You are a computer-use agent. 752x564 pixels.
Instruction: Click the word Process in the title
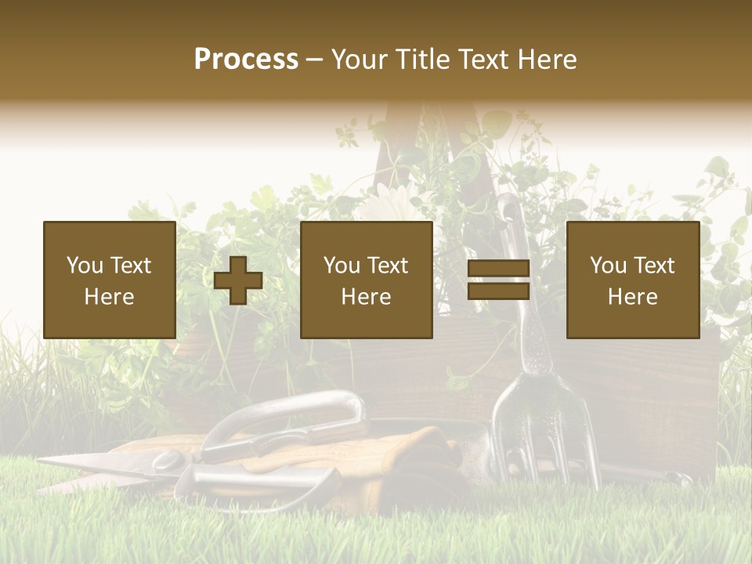(246, 60)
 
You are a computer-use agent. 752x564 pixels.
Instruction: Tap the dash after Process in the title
(314, 60)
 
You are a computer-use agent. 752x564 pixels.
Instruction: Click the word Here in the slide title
(546, 60)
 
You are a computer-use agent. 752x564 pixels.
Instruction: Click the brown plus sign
(238, 280)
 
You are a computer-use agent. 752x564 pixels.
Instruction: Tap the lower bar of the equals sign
(498, 291)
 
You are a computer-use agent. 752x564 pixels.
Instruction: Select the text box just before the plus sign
(109, 280)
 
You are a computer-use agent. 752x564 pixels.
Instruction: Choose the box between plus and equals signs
(366, 280)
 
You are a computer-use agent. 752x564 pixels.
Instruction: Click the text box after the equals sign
(632, 280)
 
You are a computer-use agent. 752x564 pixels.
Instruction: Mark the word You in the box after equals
(608, 266)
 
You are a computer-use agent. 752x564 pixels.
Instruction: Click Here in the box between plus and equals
(366, 297)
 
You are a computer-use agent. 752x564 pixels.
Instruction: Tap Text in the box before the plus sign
(130, 266)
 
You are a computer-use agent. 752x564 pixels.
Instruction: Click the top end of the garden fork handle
(508, 205)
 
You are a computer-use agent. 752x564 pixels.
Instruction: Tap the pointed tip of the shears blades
(44, 461)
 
